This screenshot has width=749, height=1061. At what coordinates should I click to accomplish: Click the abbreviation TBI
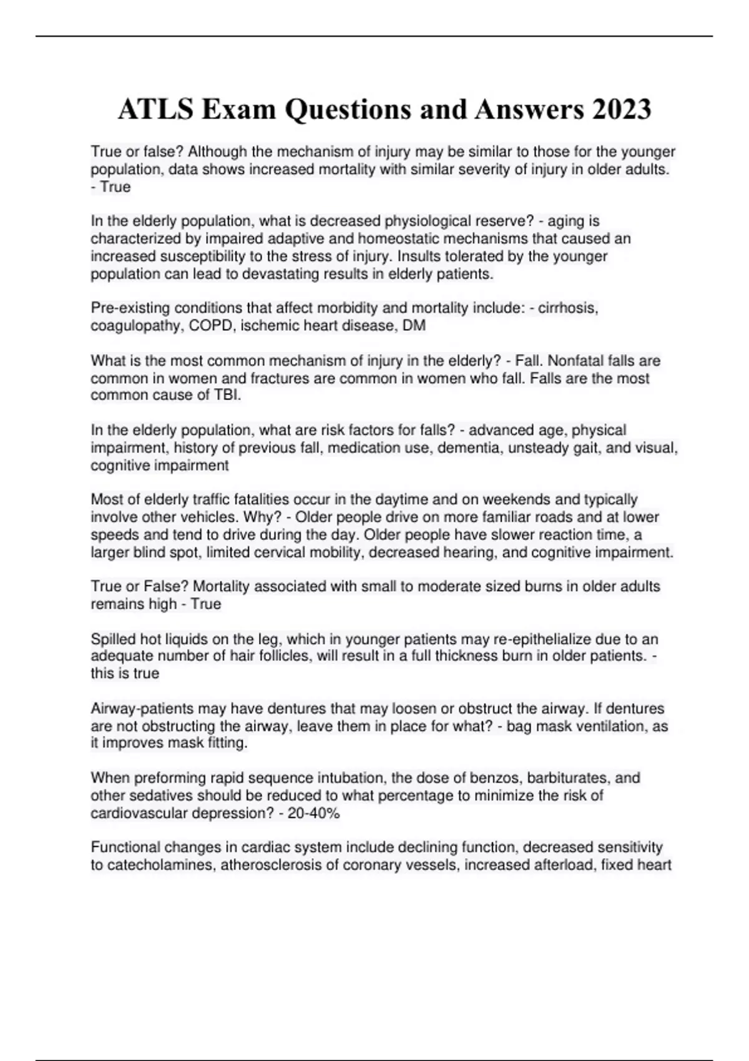click(227, 395)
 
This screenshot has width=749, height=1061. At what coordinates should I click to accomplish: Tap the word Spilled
click(113, 639)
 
